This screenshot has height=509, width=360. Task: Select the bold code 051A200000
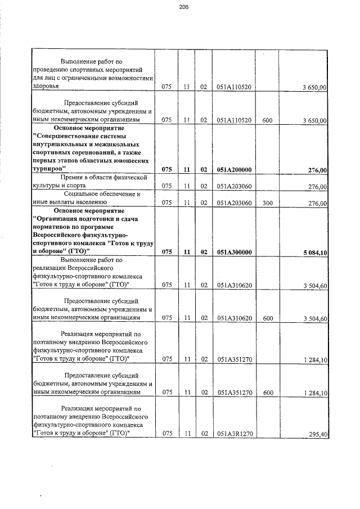234,169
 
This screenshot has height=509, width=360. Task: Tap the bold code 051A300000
234,252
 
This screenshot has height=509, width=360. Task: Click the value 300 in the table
267,203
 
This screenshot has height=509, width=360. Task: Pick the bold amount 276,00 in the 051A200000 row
317,169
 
